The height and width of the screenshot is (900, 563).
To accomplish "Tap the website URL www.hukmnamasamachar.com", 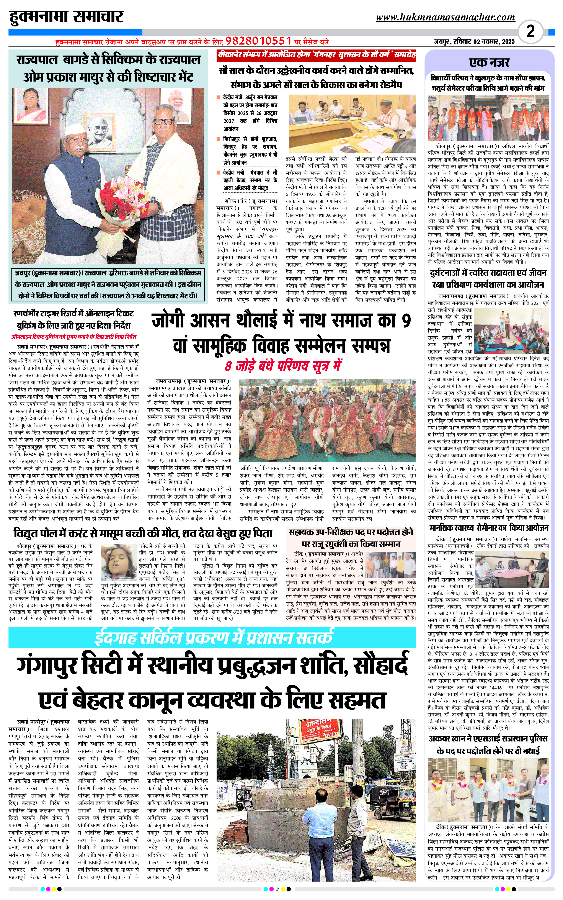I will (445, 18).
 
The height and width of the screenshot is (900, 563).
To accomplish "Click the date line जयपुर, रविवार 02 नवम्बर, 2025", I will (474, 42).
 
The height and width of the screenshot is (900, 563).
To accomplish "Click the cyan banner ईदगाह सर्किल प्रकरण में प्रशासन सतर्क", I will (212, 637).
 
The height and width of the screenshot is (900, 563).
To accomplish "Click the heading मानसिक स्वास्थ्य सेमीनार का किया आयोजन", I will (488, 528).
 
